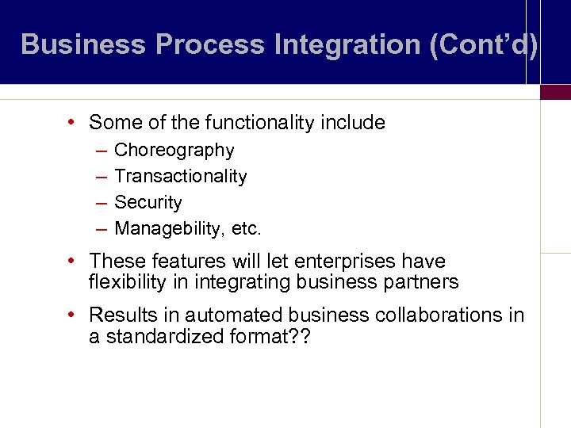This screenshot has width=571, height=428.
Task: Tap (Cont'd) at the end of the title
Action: (x=483, y=44)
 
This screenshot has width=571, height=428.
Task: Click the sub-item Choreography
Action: (x=174, y=151)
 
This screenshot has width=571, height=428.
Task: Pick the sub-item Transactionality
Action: (x=181, y=177)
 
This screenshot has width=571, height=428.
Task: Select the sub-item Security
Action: (x=148, y=203)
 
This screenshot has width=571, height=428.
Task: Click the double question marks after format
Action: (x=301, y=337)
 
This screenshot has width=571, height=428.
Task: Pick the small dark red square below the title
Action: (x=555, y=92)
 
